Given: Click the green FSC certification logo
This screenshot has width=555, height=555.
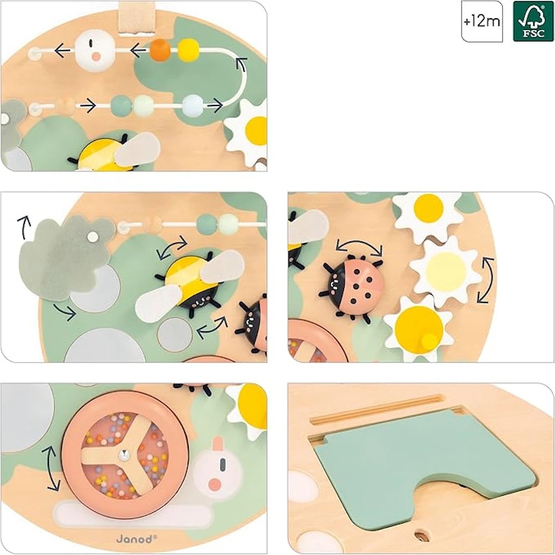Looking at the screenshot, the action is [533, 21].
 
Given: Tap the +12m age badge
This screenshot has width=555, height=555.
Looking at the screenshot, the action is [482, 21].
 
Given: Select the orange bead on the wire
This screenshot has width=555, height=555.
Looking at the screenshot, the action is [160, 50].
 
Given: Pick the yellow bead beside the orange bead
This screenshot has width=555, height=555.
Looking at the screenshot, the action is [188, 50].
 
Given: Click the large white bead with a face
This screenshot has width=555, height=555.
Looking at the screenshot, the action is [95, 51].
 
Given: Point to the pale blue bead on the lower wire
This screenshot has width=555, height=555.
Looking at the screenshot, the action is [193, 105].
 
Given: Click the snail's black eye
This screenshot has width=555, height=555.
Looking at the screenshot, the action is [223, 465].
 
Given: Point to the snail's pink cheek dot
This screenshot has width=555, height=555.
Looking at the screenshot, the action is [214, 485].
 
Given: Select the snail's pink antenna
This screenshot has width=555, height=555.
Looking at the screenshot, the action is [218, 445].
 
